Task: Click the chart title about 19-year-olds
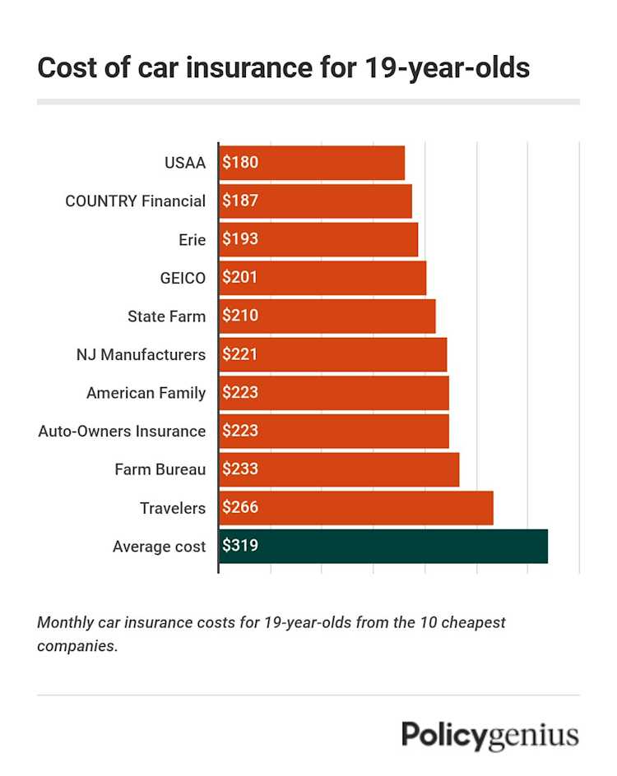[x=283, y=68]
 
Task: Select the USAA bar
[x=313, y=163]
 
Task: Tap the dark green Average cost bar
[x=383, y=546]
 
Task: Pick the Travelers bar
[x=356, y=508]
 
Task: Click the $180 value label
[x=240, y=163]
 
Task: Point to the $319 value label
[x=240, y=546]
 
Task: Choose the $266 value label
[x=240, y=508]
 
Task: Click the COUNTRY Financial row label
[x=135, y=201]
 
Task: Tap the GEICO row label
[x=183, y=278]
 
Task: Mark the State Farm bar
[x=327, y=316]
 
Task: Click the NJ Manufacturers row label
[x=140, y=355]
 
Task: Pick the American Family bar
[x=334, y=393]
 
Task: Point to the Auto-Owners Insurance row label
[x=122, y=431]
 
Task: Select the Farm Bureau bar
[x=339, y=469]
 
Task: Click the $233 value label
[x=240, y=469]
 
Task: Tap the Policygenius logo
[x=489, y=736]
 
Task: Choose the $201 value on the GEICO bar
[x=240, y=278]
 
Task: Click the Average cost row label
[x=159, y=546]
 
